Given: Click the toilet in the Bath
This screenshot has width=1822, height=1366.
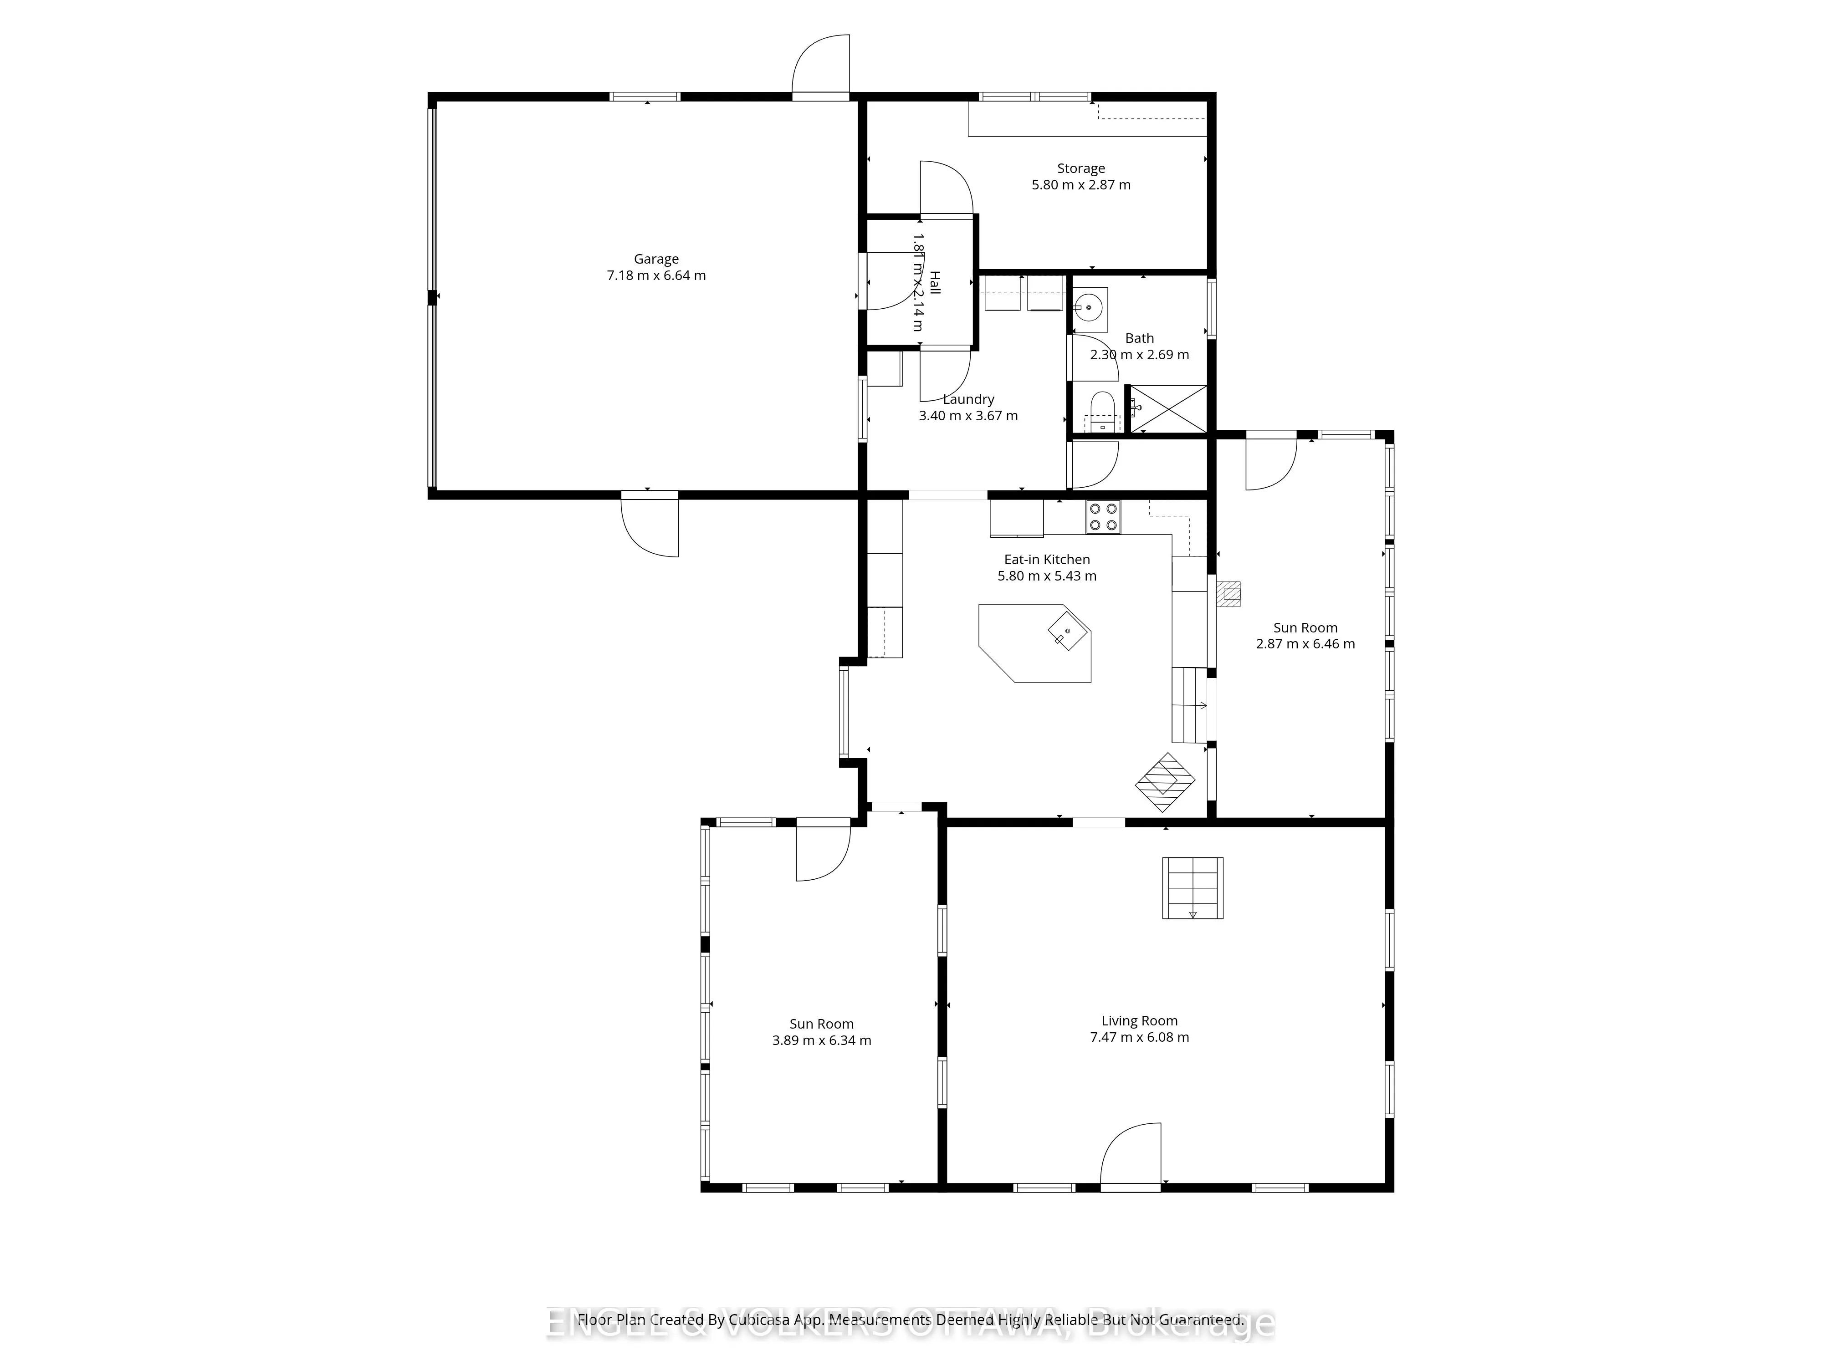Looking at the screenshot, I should click(1101, 412).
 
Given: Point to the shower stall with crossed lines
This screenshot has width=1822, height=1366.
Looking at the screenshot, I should click(1167, 408).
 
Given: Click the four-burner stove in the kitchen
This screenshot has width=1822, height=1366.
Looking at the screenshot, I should click(1103, 517).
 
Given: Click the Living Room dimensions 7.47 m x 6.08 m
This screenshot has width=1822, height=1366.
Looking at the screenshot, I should click(1139, 1037).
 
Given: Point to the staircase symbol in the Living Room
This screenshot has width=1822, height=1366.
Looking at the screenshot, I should click(1192, 887).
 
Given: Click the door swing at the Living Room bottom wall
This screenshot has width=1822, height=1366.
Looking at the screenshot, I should click(1131, 1155).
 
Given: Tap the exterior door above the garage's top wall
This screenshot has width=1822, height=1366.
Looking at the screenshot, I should click(820, 66).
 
